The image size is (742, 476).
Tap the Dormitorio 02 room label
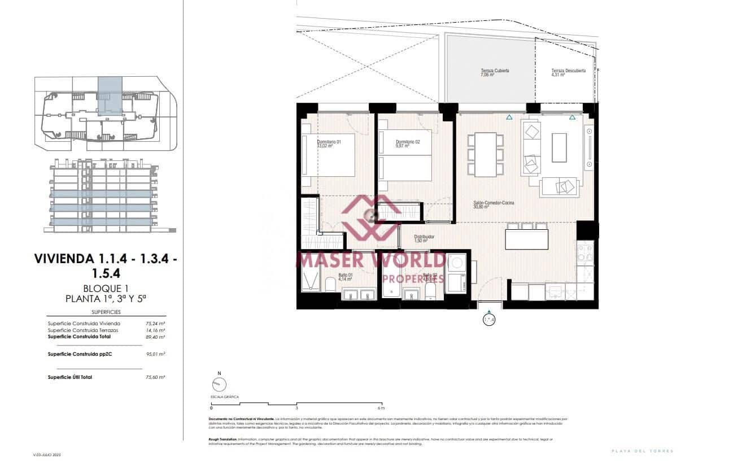click(408, 142)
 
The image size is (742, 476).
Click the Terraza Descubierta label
click(568, 71)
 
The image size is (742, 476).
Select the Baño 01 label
click(346, 275)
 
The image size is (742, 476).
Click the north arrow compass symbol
click(219, 384)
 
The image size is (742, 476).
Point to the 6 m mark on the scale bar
click(381, 408)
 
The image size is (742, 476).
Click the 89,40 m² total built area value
click(156, 337)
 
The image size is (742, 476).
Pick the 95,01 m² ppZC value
click(156, 354)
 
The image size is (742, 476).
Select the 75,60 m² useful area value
click(156, 377)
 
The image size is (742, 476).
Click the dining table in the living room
click(485, 154)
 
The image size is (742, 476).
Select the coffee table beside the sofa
click(559, 147)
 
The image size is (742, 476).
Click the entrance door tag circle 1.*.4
click(489, 320)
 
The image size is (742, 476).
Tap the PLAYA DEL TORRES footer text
click(643, 451)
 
